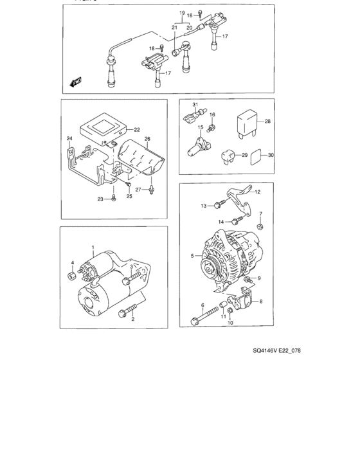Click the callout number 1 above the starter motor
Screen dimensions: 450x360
[x=93, y=248]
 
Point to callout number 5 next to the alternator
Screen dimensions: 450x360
[x=192, y=255]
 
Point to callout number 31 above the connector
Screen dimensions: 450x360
[x=195, y=105]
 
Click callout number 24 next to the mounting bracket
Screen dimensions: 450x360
[x=69, y=138]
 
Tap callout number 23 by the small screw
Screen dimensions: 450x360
[x=101, y=199]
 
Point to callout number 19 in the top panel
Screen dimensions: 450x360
[x=182, y=13]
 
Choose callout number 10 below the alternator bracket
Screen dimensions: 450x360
[x=230, y=323]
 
